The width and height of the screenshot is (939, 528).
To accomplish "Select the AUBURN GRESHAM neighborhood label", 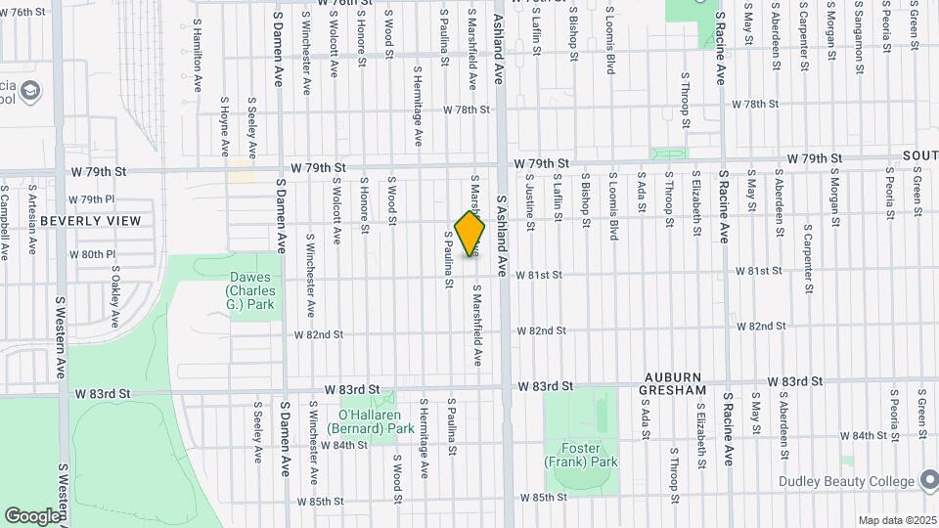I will (673, 383).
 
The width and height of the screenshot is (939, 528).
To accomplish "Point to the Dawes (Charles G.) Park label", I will (251, 290).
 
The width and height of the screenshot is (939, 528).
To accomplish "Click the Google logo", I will (32, 515).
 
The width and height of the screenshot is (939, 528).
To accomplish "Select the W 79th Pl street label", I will (98, 199).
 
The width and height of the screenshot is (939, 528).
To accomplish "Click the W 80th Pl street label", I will (98, 254).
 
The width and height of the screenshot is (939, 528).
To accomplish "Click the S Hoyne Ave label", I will (224, 125).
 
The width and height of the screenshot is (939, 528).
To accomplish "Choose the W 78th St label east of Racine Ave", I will (760, 104).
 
